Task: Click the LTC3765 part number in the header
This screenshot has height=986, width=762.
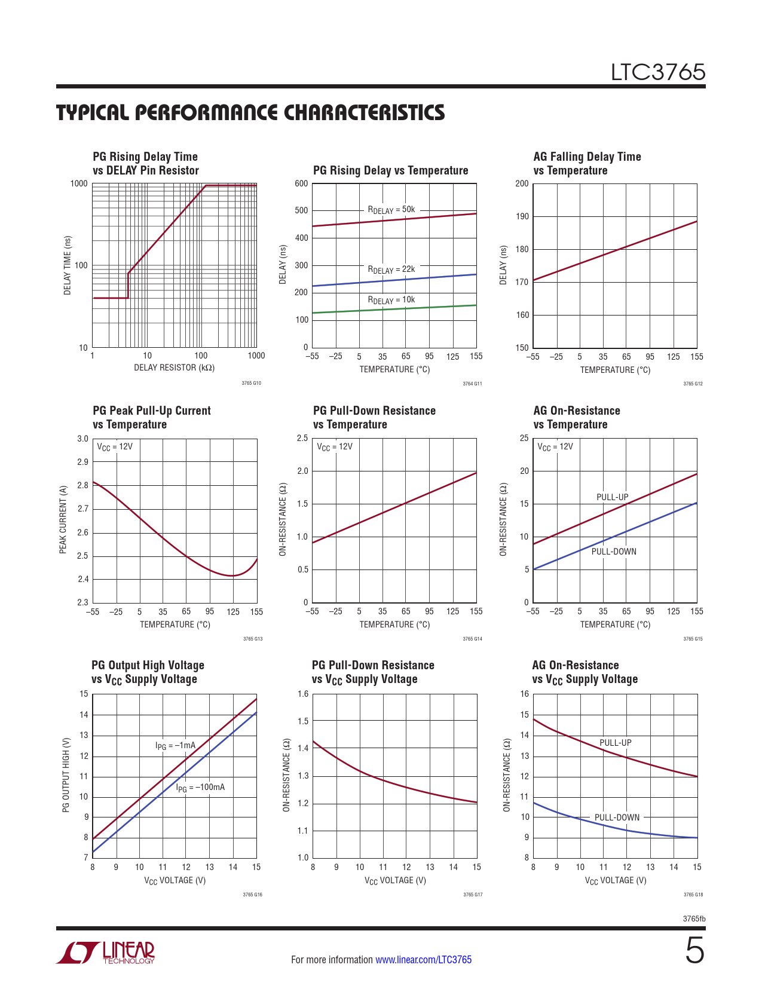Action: (x=657, y=72)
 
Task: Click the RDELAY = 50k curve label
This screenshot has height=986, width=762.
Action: (x=391, y=210)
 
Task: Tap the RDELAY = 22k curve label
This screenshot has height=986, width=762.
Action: (x=391, y=270)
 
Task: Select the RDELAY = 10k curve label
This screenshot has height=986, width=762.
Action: (x=391, y=300)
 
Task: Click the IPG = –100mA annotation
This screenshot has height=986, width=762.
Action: (x=200, y=788)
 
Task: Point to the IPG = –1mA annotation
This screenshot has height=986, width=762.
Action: (x=175, y=746)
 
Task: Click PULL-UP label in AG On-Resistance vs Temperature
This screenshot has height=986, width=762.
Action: (x=612, y=497)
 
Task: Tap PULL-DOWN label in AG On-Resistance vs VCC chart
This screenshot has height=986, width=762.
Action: (x=617, y=817)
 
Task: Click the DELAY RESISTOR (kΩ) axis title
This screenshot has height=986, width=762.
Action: (x=174, y=368)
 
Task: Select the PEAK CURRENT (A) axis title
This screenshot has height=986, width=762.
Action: (x=63, y=519)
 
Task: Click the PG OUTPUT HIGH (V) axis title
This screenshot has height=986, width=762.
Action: (x=66, y=774)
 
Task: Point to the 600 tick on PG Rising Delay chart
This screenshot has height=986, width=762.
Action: (x=301, y=183)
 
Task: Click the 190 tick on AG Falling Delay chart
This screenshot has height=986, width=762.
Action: (x=522, y=216)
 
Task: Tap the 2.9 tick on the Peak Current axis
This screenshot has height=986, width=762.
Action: (x=82, y=462)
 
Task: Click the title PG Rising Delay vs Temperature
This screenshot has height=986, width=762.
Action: (x=390, y=170)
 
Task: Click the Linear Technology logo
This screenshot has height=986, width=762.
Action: (x=106, y=953)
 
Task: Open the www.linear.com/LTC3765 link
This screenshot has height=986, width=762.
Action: (x=423, y=960)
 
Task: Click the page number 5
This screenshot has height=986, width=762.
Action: (x=694, y=951)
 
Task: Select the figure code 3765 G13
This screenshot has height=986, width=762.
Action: (x=252, y=639)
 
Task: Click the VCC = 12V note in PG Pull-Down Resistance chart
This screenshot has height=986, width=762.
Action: (x=334, y=446)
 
